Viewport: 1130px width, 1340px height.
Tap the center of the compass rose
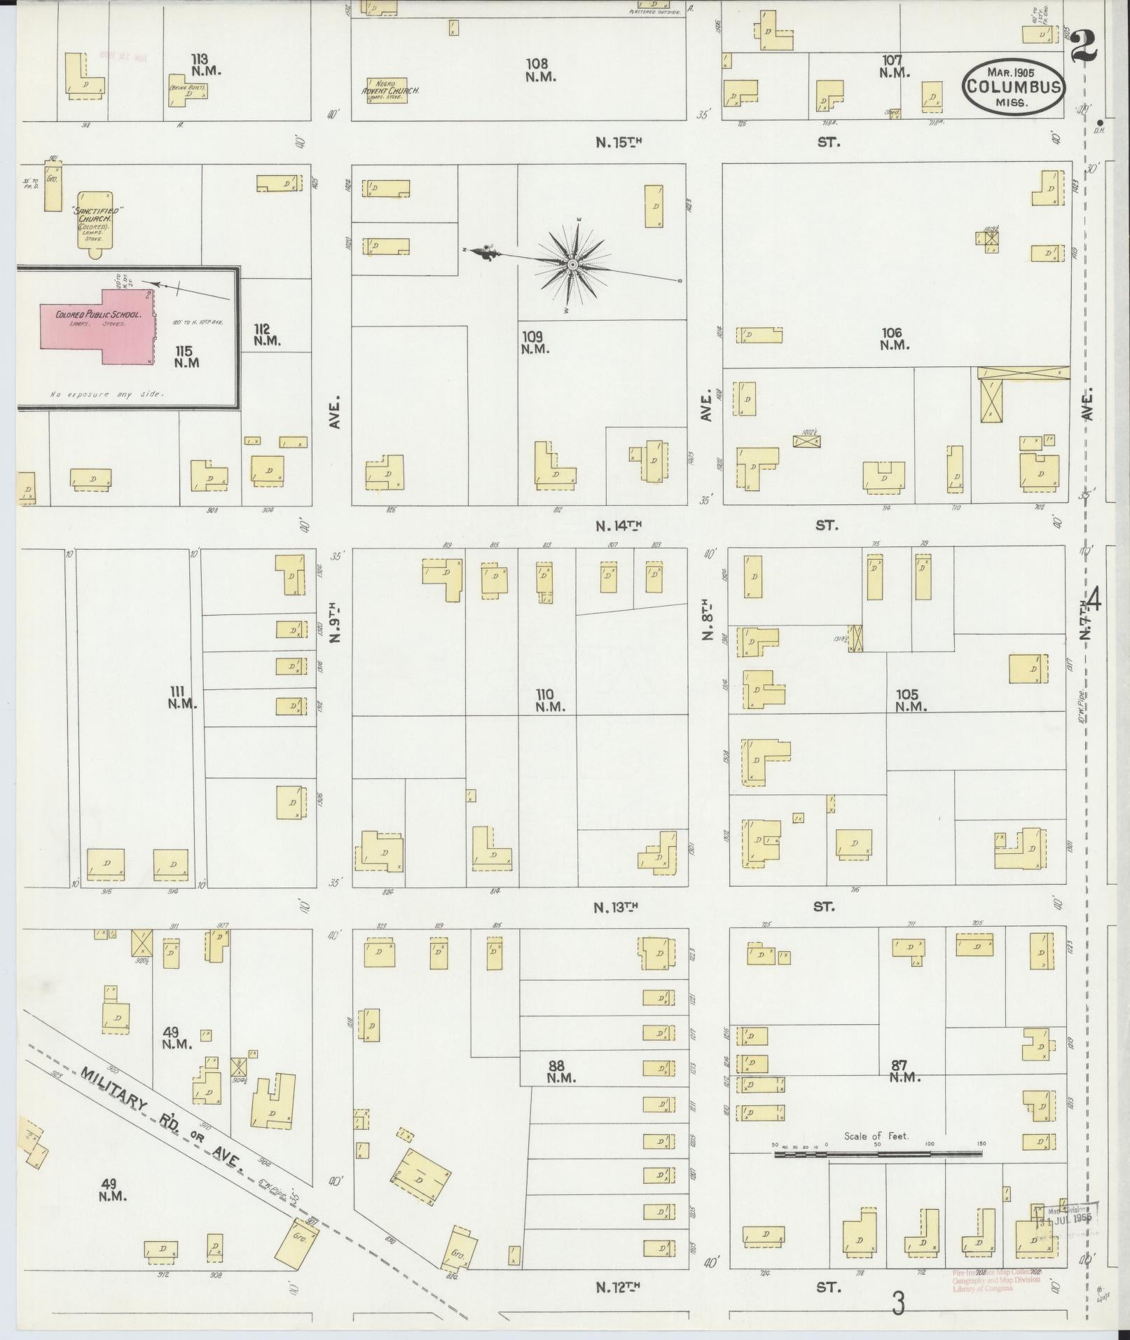[x=572, y=264]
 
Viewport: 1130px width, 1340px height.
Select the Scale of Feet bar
[x=879, y=1152]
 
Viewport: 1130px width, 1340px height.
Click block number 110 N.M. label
[x=550, y=700]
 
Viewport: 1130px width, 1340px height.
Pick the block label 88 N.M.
[x=560, y=1072]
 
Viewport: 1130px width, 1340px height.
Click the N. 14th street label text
[x=619, y=525]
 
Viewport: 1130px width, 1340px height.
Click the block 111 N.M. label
[x=182, y=697]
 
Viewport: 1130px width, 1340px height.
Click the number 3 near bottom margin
[x=897, y=1304]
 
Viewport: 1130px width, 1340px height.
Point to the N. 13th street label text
[x=616, y=907]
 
